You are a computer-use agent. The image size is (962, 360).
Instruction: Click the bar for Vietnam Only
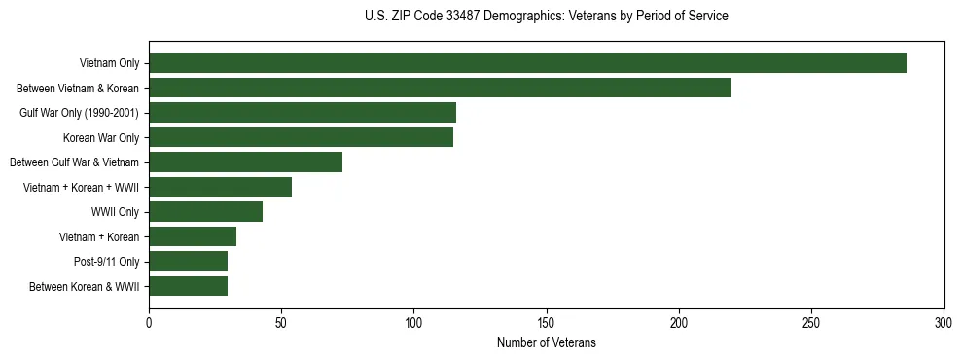[527, 63]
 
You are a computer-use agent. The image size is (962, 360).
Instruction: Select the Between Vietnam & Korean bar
[440, 88]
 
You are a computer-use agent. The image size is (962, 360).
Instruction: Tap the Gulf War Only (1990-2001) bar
[303, 113]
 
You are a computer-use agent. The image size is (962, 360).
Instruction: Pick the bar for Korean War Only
[301, 137]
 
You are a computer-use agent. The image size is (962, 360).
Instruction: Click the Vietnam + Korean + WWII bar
[220, 187]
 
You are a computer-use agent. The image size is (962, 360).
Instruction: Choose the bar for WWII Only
[205, 212]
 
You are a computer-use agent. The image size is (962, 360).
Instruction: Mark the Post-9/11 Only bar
[188, 262]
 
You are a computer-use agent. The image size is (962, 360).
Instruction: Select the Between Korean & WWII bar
[188, 286]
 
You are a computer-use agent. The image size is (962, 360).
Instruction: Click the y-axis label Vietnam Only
[109, 64]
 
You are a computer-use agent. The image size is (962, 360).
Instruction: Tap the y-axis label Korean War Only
[101, 138]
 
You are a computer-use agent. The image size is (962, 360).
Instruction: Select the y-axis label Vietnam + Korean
[99, 237]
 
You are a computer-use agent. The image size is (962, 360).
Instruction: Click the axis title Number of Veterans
[546, 342]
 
